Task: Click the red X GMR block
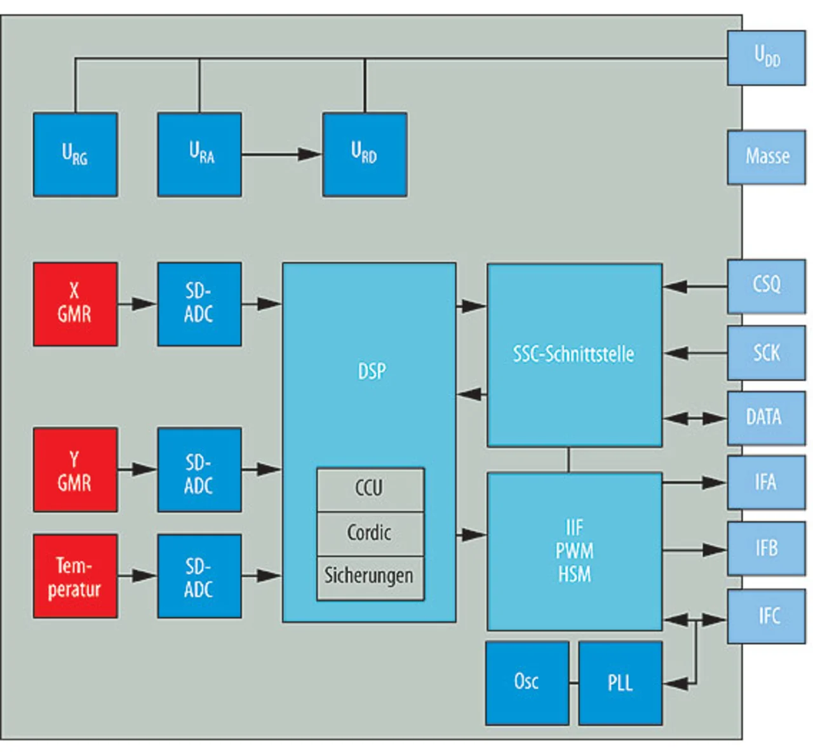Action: (75, 304)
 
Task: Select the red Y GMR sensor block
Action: (75, 469)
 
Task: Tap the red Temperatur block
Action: (75, 576)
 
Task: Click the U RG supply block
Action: (75, 154)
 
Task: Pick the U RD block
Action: (365, 154)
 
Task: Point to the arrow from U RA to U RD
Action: (281, 154)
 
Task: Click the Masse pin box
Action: (766, 157)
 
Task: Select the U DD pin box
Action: (766, 57)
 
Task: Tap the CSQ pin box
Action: (766, 285)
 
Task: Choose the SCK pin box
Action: (766, 353)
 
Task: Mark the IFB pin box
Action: (766, 548)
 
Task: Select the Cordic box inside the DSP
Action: (370, 533)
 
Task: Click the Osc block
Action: (527, 682)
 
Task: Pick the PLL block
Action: (620, 682)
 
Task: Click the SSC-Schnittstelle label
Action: (574, 354)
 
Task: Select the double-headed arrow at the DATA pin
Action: (695, 419)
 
